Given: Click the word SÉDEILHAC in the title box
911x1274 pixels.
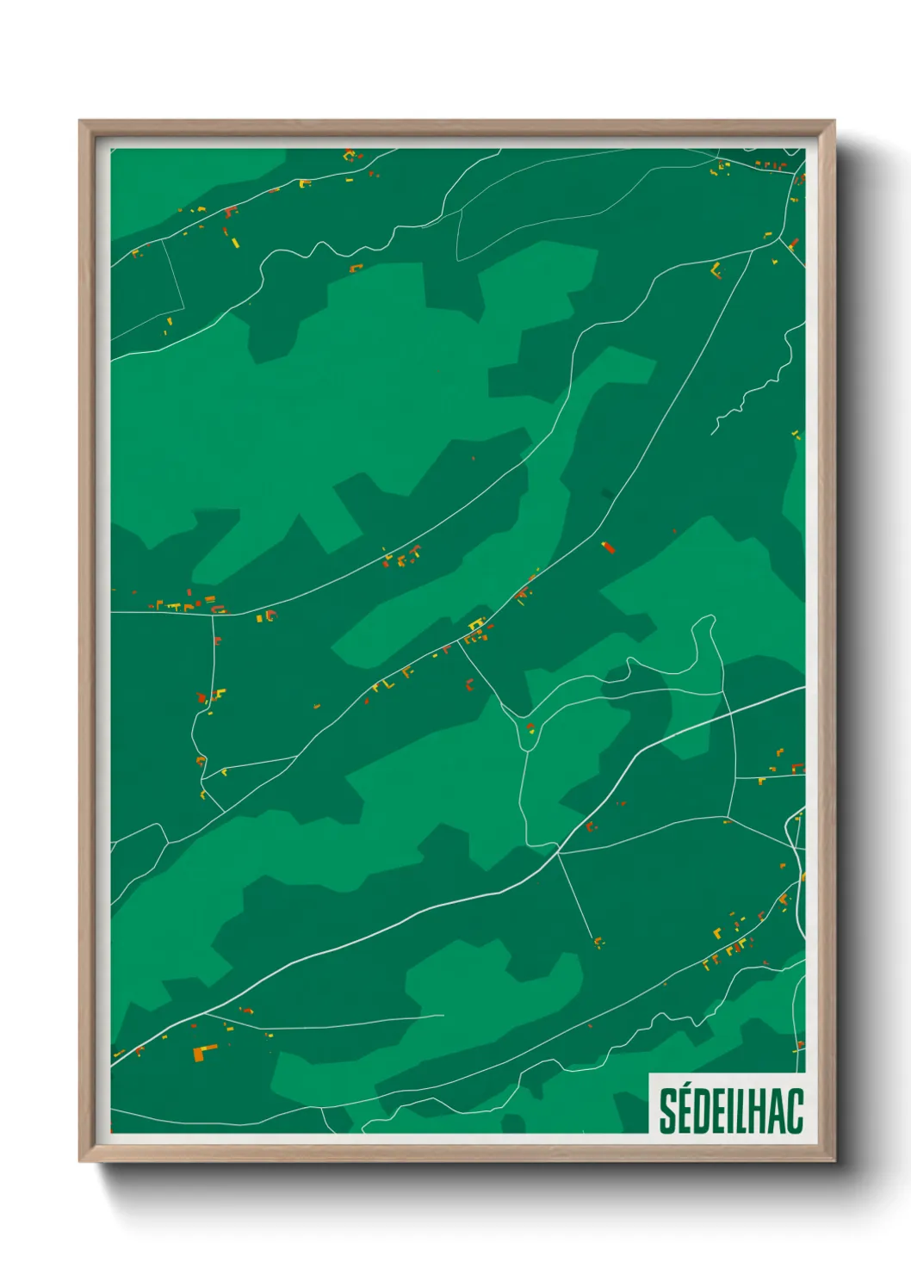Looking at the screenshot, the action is pos(731,1111).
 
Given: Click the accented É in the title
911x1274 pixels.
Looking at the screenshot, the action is pos(686,1110).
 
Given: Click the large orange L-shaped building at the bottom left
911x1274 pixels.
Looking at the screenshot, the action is pos(204,1052).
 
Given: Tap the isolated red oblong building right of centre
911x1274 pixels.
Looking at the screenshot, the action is pos(609,547).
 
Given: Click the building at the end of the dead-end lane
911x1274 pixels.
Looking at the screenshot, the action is pos(598,941).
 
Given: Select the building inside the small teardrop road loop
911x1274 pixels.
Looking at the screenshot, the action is pos(530,728).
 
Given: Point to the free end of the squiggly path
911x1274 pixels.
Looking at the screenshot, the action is pos(712,433).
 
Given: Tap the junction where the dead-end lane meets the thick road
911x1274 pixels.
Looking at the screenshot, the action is pos(558,851).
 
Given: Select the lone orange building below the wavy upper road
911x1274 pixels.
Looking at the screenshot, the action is pos(355,269).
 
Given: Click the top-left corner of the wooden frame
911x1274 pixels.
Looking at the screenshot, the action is pos(81,122).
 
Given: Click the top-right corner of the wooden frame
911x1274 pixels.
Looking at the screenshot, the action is pos(834,122).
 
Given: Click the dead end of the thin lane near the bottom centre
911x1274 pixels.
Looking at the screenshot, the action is pos(443,1016).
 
